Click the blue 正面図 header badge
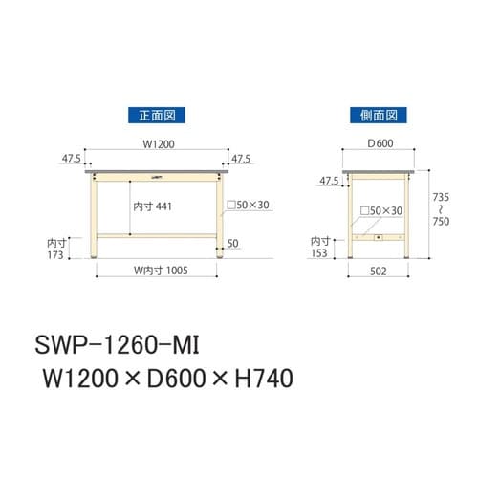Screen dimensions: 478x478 tap(156, 115)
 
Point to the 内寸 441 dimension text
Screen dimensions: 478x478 tap(154, 206)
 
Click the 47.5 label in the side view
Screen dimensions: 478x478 tap(328, 180)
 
